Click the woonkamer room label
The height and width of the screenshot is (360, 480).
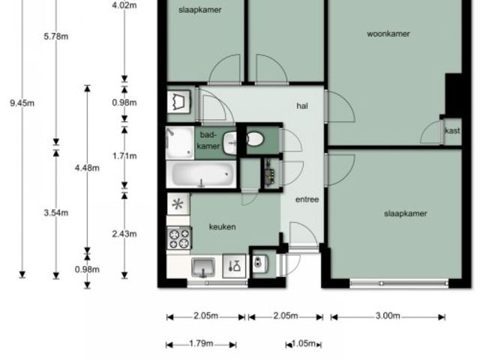(388, 34)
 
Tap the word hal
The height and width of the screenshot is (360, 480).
(302, 106)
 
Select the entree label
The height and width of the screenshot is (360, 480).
(307, 199)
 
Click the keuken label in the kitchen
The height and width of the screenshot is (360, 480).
(222, 226)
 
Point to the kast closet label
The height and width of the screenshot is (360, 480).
(452, 130)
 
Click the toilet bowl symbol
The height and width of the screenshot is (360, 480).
(255, 139)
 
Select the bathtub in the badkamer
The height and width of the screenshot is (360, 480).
(201, 174)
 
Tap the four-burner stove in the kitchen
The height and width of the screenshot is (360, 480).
(179, 238)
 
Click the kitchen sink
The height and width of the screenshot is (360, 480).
(203, 267)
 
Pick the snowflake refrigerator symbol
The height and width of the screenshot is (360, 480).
(178, 204)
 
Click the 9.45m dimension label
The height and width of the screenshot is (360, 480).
(22, 103)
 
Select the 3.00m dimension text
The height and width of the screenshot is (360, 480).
(388, 316)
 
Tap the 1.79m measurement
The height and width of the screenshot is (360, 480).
(201, 343)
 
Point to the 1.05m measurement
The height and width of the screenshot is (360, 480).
(303, 343)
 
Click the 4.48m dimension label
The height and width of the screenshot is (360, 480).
(87, 168)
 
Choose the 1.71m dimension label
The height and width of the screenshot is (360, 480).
(124, 156)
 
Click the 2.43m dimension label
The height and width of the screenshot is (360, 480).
(124, 234)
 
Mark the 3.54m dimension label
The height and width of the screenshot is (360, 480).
(56, 213)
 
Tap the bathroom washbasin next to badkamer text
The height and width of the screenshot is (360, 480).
(230, 143)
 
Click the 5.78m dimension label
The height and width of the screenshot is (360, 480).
(56, 37)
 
